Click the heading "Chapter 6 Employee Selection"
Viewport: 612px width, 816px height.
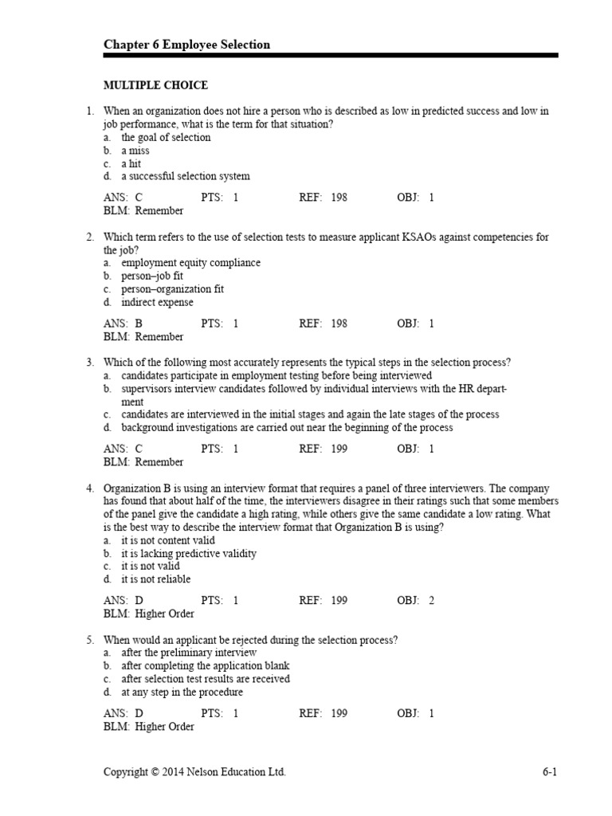pos(186,45)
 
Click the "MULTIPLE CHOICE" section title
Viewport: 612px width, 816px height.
pos(155,85)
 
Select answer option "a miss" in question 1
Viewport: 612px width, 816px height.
pos(135,151)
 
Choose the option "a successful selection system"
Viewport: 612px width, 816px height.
pos(185,176)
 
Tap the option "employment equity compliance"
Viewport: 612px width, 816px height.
pos(190,263)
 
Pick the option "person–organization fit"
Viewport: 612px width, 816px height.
pos(172,289)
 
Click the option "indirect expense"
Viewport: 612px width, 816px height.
pos(157,302)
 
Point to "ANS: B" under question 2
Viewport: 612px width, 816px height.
pos(123,324)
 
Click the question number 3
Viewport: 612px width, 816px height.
pos(91,363)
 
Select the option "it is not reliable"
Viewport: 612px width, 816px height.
pos(155,579)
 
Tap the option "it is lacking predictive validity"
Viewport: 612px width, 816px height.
pos(188,553)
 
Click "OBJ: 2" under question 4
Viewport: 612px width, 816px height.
pos(415,601)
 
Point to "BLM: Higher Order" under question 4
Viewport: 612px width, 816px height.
pos(148,614)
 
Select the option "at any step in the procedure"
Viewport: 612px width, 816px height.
pos(182,692)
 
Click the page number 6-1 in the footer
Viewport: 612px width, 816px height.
pos(548,771)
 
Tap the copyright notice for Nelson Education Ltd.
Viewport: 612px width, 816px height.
pos(194,771)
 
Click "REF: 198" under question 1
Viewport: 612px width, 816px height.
pos(323,198)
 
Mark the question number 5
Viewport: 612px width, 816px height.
pos(91,640)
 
